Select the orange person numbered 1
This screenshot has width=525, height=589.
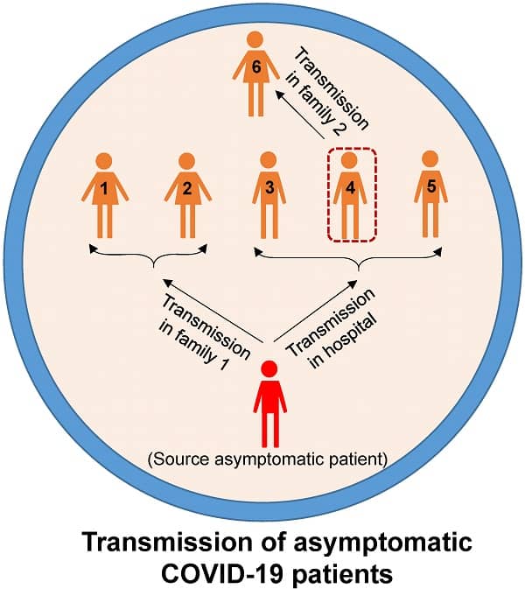pyautogui.click(x=103, y=193)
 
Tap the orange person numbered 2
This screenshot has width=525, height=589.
pyautogui.click(x=185, y=193)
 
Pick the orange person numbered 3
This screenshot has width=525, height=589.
pyautogui.click(x=269, y=193)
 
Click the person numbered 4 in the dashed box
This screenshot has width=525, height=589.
pyautogui.click(x=350, y=194)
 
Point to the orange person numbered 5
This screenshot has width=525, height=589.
pyautogui.click(x=429, y=193)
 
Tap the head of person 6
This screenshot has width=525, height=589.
pyautogui.click(x=255, y=40)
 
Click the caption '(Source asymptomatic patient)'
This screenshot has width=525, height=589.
pyautogui.click(x=269, y=458)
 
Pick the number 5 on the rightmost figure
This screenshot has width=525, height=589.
pyautogui.click(x=429, y=187)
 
